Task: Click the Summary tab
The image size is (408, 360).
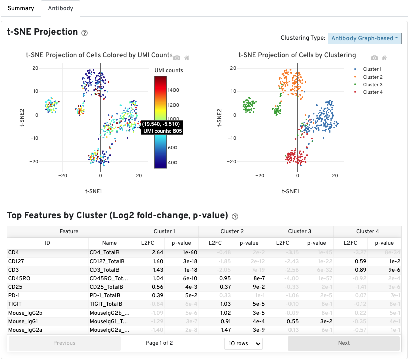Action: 21,8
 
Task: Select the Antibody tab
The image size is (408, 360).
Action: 61,8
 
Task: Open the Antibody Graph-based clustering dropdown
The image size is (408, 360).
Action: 365,38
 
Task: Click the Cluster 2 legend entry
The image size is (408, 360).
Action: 372,77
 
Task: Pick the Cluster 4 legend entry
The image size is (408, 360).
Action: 372,92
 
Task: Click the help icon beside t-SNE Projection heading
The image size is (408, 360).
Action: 84,33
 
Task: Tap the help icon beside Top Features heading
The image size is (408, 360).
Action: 235,216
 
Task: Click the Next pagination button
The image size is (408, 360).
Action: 344,343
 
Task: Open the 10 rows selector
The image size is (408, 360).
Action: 244,343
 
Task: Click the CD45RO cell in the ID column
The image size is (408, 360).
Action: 17,278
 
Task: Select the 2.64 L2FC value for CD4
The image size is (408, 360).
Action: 157,252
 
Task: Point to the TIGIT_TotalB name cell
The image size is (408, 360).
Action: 106,304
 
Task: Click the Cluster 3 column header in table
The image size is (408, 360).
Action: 299,231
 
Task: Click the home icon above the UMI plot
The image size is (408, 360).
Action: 187,58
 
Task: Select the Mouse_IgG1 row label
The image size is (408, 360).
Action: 23,321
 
